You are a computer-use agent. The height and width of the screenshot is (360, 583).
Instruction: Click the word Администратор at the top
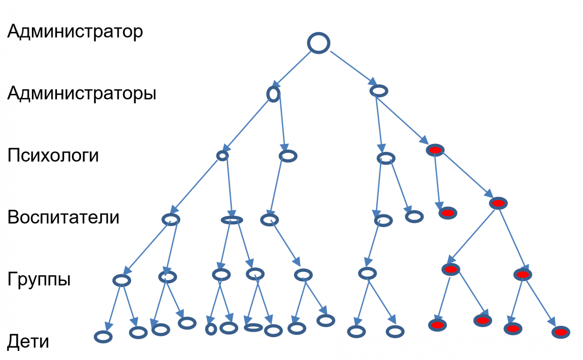[75, 32]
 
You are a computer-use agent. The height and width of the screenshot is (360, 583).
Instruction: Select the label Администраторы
[82, 94]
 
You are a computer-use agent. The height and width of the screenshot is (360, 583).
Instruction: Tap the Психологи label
[53, 156]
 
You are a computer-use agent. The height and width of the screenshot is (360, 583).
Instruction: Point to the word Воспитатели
[63, 217]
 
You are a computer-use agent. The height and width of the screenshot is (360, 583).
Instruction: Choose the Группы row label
[39, 279]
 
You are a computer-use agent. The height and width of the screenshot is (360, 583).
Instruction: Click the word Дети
[28, 341]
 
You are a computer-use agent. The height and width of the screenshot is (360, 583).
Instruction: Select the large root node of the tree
[318, 43]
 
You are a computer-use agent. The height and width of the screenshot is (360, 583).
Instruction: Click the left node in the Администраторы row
[273, 94]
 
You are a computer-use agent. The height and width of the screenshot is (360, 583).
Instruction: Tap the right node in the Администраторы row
[378, 91]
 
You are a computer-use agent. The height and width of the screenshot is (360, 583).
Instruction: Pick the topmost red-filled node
[435, 150]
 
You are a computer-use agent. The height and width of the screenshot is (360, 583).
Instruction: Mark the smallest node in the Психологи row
[222, 156]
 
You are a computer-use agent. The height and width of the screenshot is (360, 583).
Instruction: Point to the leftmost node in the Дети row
[103, 337]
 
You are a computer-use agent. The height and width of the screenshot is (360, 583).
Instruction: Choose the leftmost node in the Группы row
[122, 280]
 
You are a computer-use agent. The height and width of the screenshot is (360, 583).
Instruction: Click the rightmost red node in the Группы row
[522, 274]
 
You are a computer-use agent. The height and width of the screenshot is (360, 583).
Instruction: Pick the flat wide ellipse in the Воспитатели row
[231, 220]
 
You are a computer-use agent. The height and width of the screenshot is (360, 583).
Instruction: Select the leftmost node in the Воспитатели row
[171, 220]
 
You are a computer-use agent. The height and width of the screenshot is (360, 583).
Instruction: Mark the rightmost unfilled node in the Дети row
[394, 331]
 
